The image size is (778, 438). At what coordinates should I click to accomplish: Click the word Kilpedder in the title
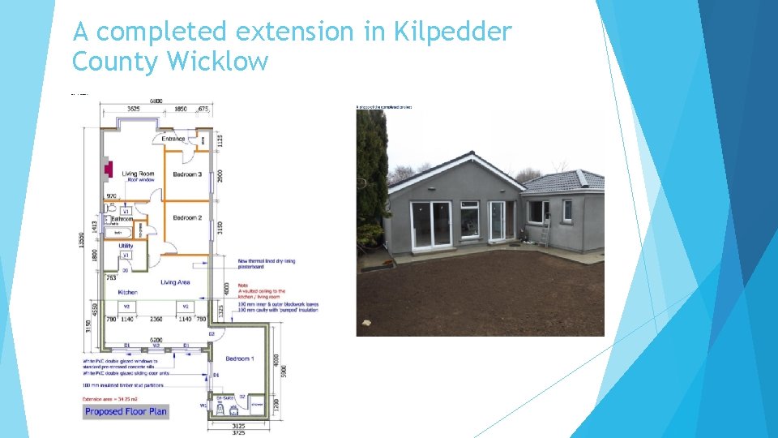pos(452,32)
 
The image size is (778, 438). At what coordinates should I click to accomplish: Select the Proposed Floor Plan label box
pos(126,411)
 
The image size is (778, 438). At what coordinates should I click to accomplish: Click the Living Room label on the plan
pos(139,174)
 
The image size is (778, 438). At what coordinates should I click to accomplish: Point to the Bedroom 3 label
pos(187,174)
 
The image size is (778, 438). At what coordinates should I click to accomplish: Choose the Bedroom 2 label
pos(187,217)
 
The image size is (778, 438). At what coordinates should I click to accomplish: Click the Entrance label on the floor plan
pos(173,139)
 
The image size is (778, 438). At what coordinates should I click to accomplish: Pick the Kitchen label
pos(128,292)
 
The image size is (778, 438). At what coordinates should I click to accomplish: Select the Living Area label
pos(176,282)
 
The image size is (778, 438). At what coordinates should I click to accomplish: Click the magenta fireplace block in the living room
pos(105,169)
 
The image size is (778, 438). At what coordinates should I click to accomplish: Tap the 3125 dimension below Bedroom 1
pos(238,426)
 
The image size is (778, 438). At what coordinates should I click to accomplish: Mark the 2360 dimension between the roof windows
pos(156,320)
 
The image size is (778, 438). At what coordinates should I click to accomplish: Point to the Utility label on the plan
pos(126,245)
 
